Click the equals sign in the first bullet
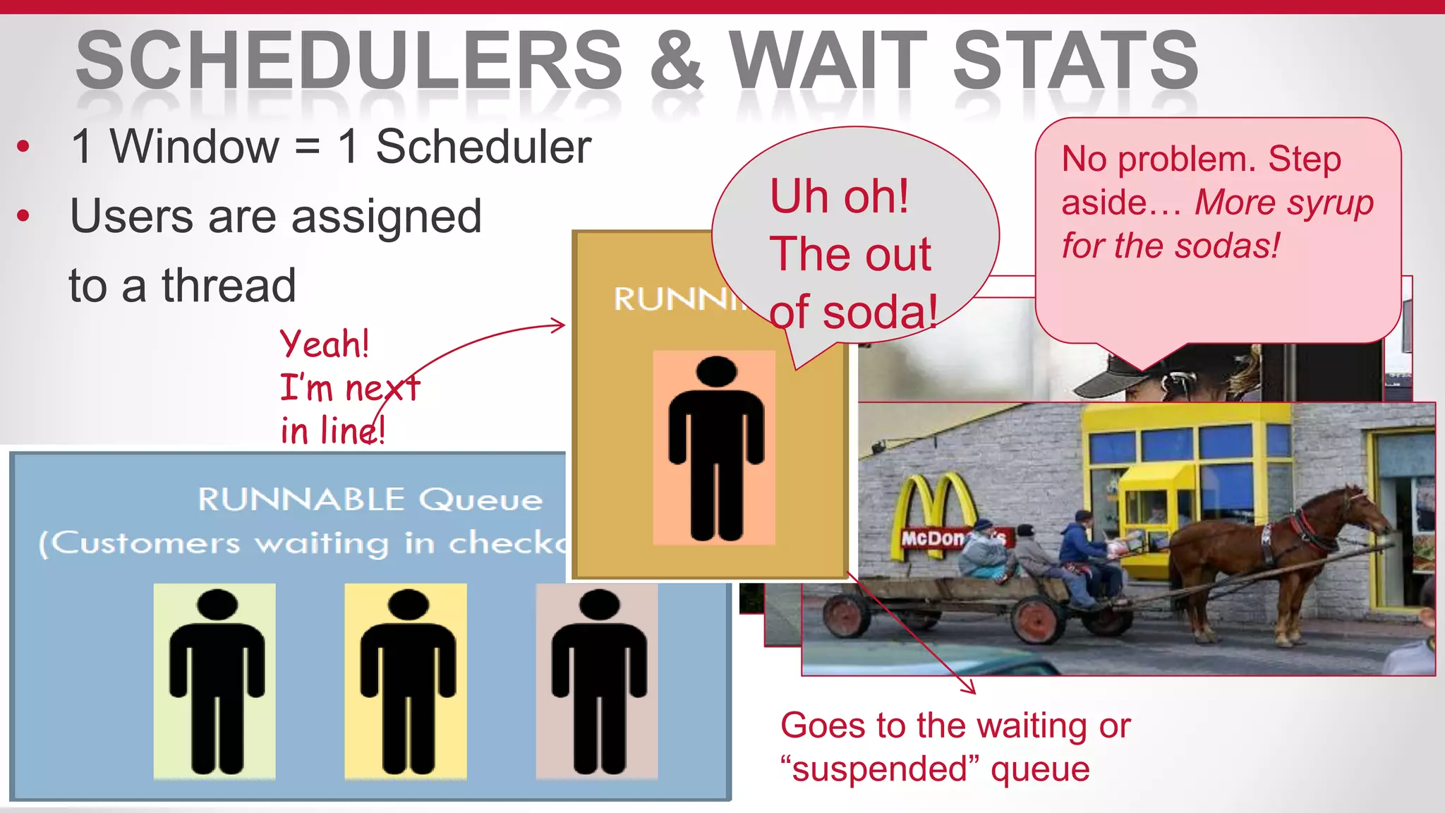tap(307, 147)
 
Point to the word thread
tap(229, 286)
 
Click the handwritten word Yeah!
tap(325, 344)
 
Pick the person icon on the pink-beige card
tap(598, 680)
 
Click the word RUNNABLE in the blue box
tap(301, 500)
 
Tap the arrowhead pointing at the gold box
tap(560, 325)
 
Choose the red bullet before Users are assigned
tap(24, 216)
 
